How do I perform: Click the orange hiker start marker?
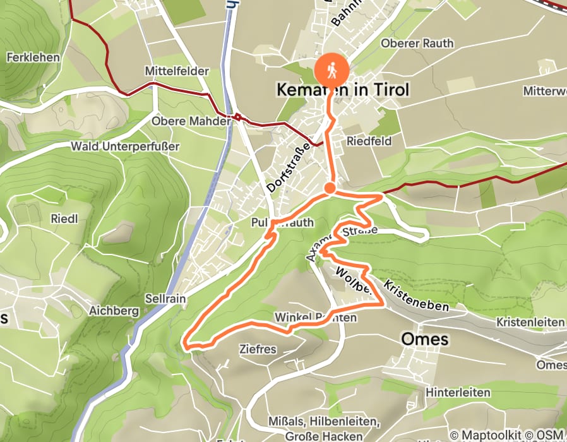pos(331,70)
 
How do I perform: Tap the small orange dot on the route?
pos(330,188)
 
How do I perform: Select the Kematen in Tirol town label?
pos(343,90)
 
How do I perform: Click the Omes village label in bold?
pos(425,339)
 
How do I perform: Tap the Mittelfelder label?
pos(176,71)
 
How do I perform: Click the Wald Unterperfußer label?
pos(125,146)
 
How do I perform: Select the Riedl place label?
pos(63,219)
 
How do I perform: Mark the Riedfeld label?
pos(369,141)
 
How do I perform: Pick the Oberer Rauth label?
pos(417,43)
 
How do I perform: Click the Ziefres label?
pos(257,348)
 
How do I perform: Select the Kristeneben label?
pos(415,297)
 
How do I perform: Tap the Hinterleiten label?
pos(458,392)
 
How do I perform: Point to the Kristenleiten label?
pos(530,322)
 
